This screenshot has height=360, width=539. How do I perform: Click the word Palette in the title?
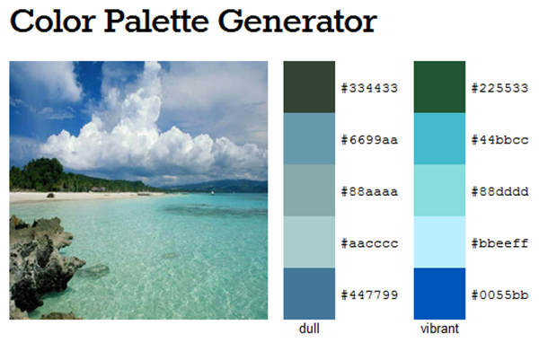coord(156,22)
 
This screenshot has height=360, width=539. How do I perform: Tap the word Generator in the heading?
coord(297,22)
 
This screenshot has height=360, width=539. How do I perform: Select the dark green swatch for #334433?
coord(309,87)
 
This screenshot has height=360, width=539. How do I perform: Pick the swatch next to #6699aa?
coord(309,139)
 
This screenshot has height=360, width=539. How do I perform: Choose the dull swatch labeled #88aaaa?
coord(309,190)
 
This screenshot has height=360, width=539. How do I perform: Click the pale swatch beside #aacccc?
coord(309,241)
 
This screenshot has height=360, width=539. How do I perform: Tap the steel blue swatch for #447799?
coord(309,294)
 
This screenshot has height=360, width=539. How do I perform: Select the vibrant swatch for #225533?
coord(439,87)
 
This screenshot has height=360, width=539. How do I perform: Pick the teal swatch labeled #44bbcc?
coord(439,139)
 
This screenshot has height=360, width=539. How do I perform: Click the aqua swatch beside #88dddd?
coord(439,190)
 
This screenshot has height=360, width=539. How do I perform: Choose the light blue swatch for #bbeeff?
coord(439,241)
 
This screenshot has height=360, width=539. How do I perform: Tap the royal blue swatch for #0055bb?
coord(439,294)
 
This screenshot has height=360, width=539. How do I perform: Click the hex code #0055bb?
coord(499,294)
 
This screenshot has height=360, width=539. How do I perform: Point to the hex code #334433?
coord(369,88)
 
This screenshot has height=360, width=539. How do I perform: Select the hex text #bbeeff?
coord(499,243)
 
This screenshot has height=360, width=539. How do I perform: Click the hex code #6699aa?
coord(369,140)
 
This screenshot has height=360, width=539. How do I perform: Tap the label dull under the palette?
coord(309,329)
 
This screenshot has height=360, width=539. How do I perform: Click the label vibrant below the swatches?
coord(439,329)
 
